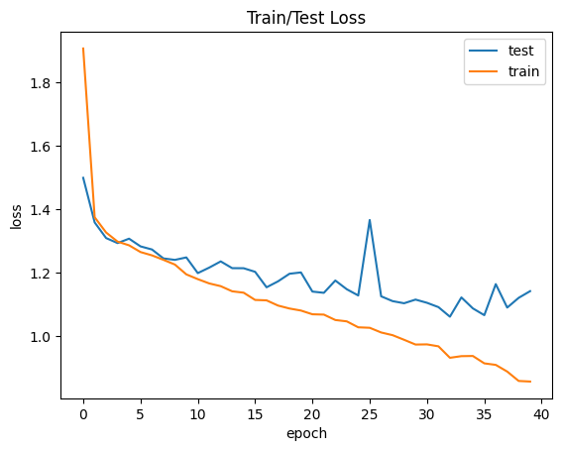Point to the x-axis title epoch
306,433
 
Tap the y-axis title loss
16,216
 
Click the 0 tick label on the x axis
83,412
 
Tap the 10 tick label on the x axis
198,412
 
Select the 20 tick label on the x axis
312,412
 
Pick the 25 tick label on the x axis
370,412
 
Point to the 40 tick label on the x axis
541,412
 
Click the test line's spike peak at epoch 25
370,220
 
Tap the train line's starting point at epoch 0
83,49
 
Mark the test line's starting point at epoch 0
83,178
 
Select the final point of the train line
530,382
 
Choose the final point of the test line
530,291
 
